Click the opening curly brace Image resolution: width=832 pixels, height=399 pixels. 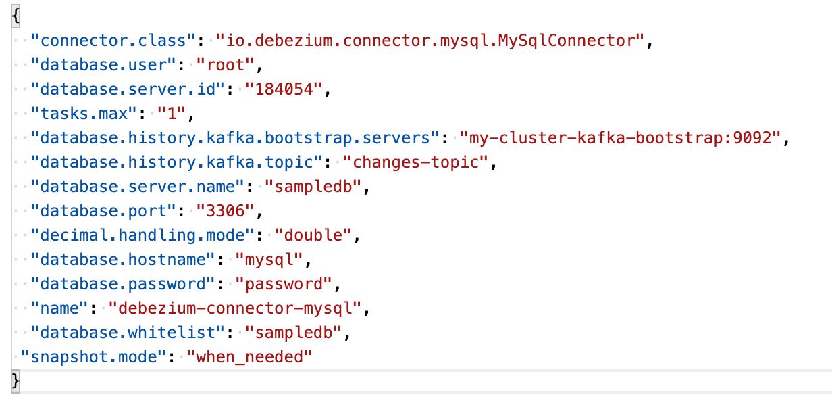16,16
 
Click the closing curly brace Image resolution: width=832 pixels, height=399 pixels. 16,381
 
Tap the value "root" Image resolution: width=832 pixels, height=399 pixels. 226,65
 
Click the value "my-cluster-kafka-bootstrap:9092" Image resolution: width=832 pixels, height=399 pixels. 620,138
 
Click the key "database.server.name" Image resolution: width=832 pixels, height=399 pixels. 142,187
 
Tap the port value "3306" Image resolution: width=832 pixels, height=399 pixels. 226,211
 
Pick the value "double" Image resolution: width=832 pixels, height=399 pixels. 314,235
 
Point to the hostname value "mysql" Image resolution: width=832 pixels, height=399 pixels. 269,260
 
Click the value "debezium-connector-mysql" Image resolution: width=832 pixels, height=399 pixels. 236,308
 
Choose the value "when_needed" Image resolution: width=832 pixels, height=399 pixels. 250,357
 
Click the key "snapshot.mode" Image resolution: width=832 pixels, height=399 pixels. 93,357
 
